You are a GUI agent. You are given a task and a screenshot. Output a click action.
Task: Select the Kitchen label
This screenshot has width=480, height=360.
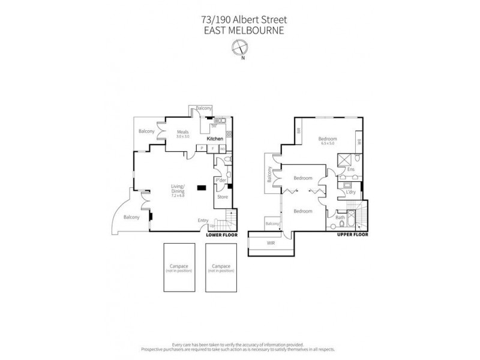[214, 139]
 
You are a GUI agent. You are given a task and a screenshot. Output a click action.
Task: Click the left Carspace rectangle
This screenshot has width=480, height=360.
[178, 267]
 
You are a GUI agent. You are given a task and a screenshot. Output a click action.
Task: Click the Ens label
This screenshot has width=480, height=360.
[352, 169]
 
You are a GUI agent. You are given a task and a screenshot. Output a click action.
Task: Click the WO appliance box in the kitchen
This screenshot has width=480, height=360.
[221, 148]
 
